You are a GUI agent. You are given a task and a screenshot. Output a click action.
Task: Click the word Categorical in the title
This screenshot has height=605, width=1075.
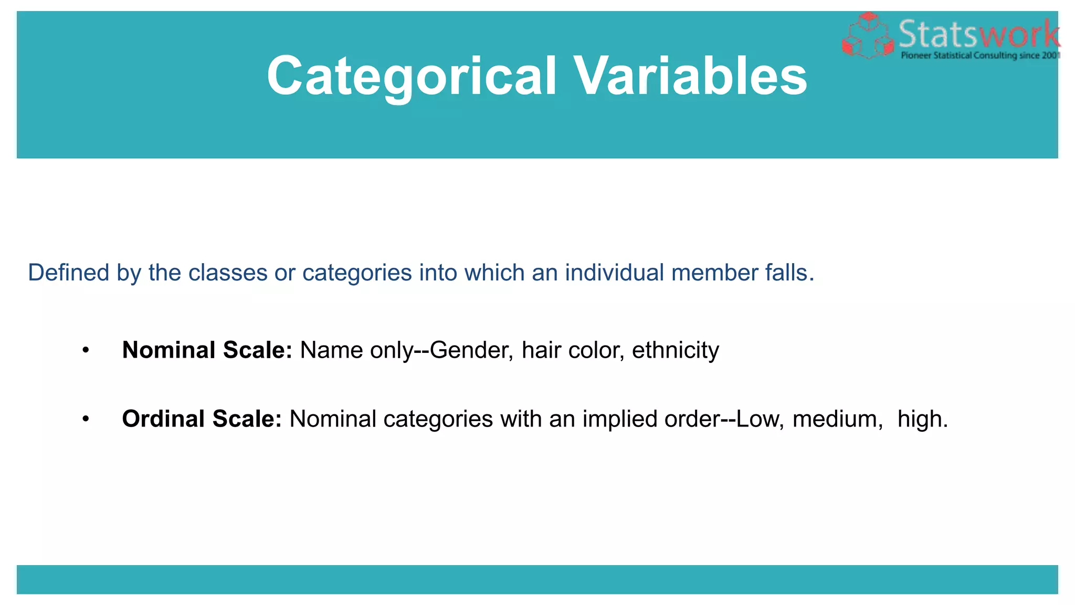[x=412, y=76]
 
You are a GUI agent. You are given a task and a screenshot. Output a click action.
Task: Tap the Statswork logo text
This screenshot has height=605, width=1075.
[x=979, y=34]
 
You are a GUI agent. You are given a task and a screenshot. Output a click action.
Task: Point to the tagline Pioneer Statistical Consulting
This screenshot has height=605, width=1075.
[x=979, y=56]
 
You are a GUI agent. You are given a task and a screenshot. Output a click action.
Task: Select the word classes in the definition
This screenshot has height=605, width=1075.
[x=228, y=273]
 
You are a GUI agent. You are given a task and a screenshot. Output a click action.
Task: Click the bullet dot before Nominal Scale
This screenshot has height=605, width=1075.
[x=86, y=350]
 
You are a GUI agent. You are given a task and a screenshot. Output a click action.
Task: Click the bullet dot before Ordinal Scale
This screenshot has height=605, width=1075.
[x=86, y=419]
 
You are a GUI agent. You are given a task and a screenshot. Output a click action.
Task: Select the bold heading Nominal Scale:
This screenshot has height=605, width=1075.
[x=207, y=350]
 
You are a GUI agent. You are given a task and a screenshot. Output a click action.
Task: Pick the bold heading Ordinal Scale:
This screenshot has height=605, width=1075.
[x=202, y=419]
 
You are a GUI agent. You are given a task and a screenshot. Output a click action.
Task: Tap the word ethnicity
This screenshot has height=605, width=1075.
[x=675, y=350]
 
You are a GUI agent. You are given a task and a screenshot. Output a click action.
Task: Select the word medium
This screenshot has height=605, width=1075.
[x=837, y=419]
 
